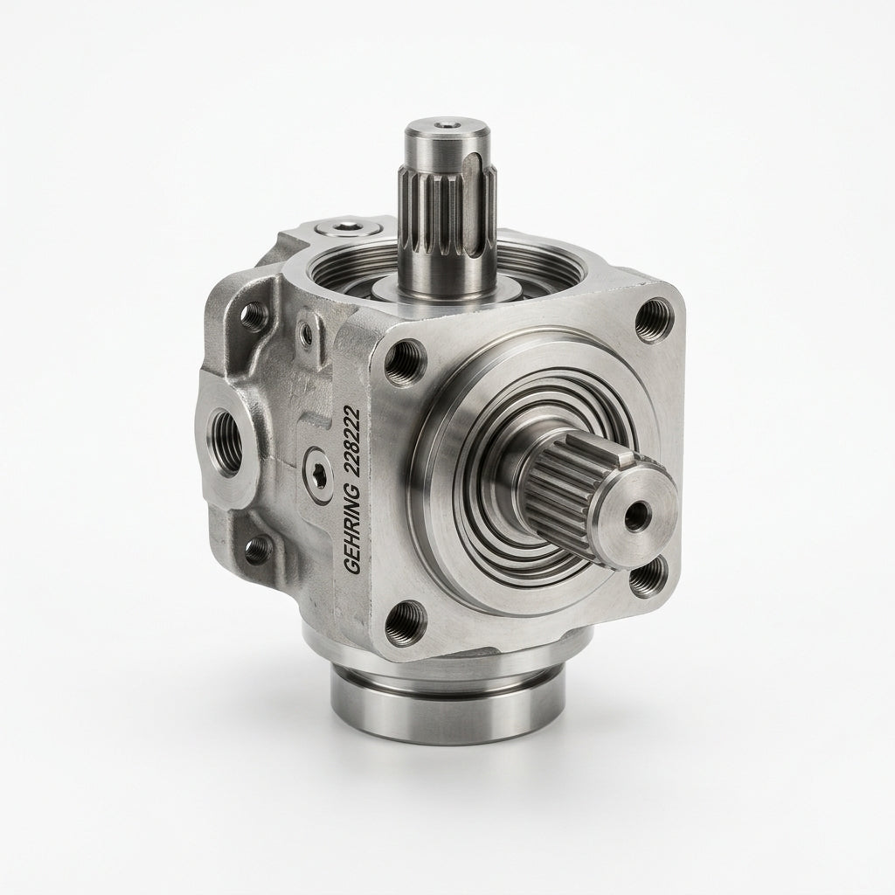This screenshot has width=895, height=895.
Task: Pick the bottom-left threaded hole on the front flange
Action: [x=406, y=621]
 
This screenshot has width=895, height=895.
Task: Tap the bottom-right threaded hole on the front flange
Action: [x=649, y=577]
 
